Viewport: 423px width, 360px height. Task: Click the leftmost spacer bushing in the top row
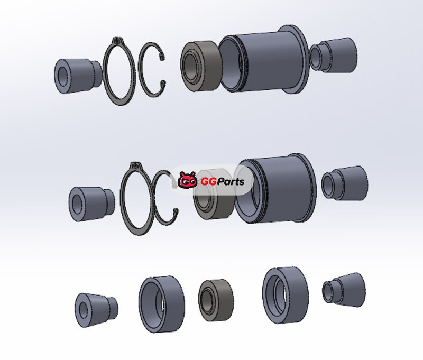[x=78, y=76]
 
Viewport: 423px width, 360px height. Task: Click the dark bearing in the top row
[x=201, y=67]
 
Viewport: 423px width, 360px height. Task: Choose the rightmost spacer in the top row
[x=333, y=56]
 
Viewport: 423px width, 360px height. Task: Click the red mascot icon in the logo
[x=188, y=180]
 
